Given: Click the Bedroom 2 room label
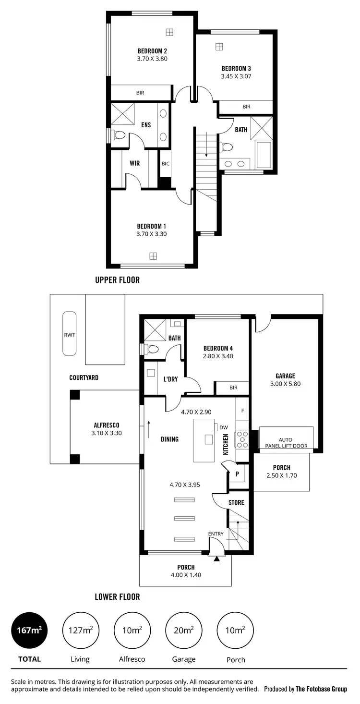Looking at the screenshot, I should point(152,51).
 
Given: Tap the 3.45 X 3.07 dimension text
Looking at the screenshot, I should point(236,76).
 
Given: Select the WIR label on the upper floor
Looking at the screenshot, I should point(135,163).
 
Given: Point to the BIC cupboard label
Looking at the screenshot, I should point(165,164).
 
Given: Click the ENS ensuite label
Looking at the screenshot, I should point(146,125).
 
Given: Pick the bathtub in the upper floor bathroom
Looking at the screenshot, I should point(264,155).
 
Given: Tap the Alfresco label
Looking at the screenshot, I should point(107,425).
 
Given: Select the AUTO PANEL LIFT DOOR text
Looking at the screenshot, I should point(286,442).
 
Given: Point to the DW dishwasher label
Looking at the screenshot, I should point(223,427).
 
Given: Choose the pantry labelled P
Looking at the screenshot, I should point(237,474).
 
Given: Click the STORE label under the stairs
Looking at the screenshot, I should point(236,503).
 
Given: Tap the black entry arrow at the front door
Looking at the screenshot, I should point(216,558).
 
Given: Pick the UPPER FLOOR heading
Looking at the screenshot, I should point(117,280).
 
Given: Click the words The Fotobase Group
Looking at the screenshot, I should point(321,689).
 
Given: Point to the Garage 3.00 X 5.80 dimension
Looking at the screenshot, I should point(285,384).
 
